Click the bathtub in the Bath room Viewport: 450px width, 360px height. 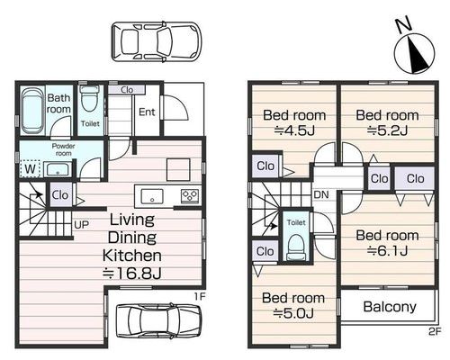coord(32,110)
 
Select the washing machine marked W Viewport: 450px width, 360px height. coord(31,168)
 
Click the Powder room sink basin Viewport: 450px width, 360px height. coord(58,169)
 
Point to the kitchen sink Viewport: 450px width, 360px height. coord(152,197)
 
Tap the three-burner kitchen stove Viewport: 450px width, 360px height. coord(190,196)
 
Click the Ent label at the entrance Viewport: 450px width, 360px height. coord(147,112)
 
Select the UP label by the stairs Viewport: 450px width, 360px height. coord(81,224)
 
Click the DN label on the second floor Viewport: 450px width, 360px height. coord(321,194)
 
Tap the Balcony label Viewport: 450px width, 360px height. coord(390,307)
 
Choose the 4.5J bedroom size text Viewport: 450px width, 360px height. coord(294,130)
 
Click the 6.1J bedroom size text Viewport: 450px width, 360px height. coord(388,250)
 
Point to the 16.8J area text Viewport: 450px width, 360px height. coord(132,273)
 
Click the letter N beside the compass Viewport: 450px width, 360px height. coord(403,25)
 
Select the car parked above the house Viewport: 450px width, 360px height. coord(157,41)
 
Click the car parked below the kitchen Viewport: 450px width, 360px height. coord(158,321)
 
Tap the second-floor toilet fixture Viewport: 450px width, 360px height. coord(296,247)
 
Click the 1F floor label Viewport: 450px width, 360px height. coord(200,297)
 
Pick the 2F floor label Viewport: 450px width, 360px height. coord(435,331)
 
